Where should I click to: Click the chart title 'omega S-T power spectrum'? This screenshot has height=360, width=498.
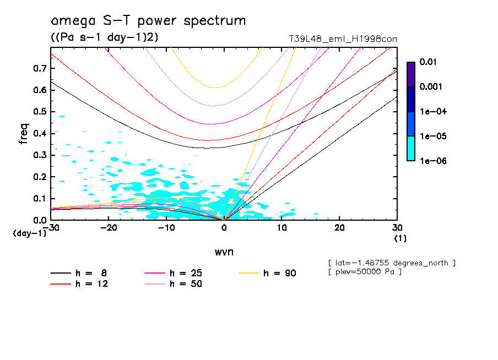(x=148, y=21)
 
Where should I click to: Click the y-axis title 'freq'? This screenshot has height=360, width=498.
(x=24, y=133)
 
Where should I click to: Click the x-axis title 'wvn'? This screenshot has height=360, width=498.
(x=223, y=252)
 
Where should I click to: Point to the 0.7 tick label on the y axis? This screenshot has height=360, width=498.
(x=39, y=68)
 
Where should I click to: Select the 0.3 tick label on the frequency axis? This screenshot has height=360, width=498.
(x=39, y=155)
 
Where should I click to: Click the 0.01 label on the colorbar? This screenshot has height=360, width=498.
(x=428, y=62)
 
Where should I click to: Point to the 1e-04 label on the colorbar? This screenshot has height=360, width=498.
(x=430, y=112)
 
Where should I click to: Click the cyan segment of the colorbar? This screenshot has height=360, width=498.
(x=411, y=148)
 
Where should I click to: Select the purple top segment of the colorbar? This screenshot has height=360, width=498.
(x=411, y=74)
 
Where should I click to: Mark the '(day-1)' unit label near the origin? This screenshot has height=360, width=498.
(x=29, y=233)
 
